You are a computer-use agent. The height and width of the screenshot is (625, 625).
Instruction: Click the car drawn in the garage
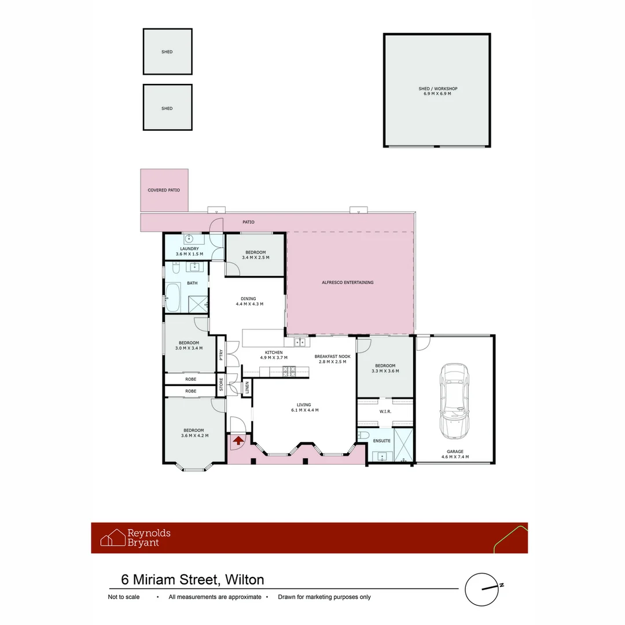click(x=454, y=402)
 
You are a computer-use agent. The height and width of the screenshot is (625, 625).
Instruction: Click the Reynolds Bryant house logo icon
click(x=113, y=538)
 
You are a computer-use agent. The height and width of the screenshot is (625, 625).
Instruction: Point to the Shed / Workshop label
click(x=437, y=89)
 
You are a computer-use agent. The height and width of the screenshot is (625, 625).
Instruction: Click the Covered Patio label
click(x=164, y=190)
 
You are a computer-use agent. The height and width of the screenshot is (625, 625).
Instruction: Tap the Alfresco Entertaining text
click(x=347, y=282)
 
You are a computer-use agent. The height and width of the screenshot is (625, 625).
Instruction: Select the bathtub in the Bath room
click(x=172, y=298)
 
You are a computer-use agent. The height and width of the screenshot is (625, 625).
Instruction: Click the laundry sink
click(x=189, y=238)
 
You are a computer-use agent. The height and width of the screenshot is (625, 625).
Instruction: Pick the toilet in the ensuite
click(x=363, y=435)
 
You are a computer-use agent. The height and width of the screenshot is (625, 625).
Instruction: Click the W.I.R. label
click(x=385, y=411)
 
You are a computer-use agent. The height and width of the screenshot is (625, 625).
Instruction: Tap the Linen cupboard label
click(x=247, y=388)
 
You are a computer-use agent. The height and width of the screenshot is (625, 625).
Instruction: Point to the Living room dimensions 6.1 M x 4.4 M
click(x=304, y=410)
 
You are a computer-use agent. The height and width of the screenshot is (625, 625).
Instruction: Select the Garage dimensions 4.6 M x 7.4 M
click(x=454, y=457)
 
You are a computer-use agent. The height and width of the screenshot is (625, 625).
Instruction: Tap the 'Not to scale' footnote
click(x=124, y=597)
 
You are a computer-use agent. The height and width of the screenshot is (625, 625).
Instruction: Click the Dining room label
click(x=249, y=299)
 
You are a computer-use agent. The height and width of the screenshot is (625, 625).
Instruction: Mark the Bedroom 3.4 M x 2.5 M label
click(x=255, y=257)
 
